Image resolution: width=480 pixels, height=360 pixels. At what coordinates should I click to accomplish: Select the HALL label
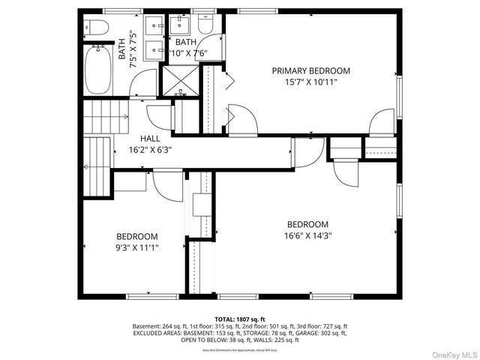150,139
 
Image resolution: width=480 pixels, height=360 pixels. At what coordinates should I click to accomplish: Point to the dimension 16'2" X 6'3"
150,149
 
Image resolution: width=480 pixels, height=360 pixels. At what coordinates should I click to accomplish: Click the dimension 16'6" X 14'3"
308,235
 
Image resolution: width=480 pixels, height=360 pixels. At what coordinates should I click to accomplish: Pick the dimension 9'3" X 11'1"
136,246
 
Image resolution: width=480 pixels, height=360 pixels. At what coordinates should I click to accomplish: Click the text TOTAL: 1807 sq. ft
240,319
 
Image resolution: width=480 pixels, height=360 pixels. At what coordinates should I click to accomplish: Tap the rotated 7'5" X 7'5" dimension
133,49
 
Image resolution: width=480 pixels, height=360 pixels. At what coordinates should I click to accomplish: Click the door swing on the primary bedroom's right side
382,121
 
